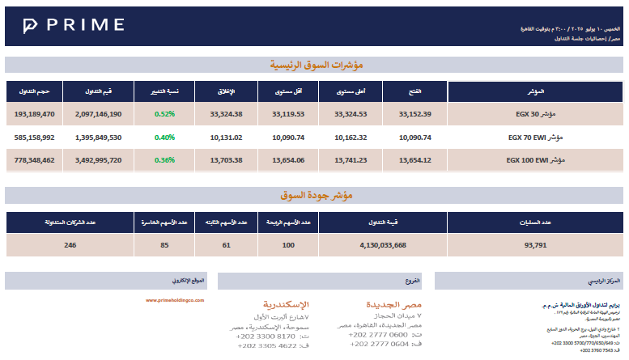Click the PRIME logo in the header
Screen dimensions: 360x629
point(74,26)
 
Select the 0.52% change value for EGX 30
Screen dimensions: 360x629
point(164,114)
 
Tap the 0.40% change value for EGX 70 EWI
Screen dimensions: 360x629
point(164,138)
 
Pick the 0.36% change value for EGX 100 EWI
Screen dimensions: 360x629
point(164,160)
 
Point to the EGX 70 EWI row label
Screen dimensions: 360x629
point(535,138)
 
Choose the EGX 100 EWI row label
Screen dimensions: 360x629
point(534,160)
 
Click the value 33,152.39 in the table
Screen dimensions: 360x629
point(415,114)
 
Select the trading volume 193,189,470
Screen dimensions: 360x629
point(34,114)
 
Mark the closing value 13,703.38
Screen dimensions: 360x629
point(226,160)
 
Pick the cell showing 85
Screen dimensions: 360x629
point(164,244)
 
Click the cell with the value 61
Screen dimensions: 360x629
point(226,244)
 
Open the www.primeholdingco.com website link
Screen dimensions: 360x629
point(175,300)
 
